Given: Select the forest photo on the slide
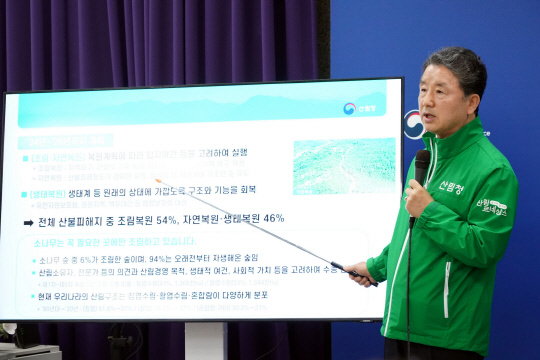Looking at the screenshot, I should click(x=343, y=165).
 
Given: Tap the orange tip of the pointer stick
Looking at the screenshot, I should click(x=156, y=181).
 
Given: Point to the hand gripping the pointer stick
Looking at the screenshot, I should click(x=361, y=274).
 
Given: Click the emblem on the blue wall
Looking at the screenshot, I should click(x=414, y=125).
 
